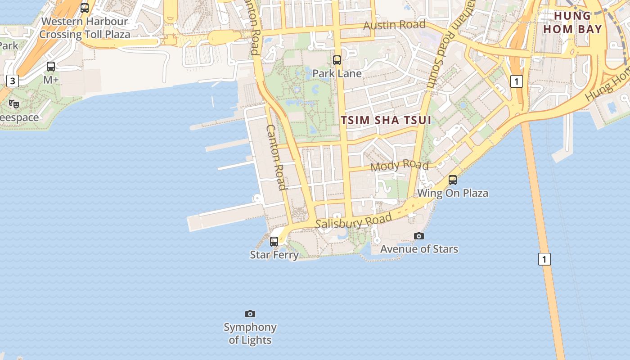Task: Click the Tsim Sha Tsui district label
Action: tap(386, 120)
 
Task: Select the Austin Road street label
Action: tap(394, 25)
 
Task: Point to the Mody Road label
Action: tap(399, 166)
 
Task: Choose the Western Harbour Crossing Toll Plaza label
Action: tap(85, 28)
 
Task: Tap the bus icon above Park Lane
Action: tap(337, 60)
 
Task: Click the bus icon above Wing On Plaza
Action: tap(453, 180)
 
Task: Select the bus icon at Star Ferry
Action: tap(274, 241)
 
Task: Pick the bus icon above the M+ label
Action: tap(51, 67)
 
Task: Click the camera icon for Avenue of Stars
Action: tap(419, 236)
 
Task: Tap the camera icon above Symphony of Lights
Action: tap(250, 314)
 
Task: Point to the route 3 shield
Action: tap(13, 81)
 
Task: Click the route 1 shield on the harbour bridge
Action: tap(544, 259)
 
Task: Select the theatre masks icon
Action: tap(14, 104)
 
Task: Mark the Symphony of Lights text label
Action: tap(250, 333)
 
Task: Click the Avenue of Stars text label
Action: tap(419, 249)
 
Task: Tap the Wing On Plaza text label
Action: tap(453, 193)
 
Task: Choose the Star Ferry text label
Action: tap(274, 255)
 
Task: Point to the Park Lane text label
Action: tap(337, 73)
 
